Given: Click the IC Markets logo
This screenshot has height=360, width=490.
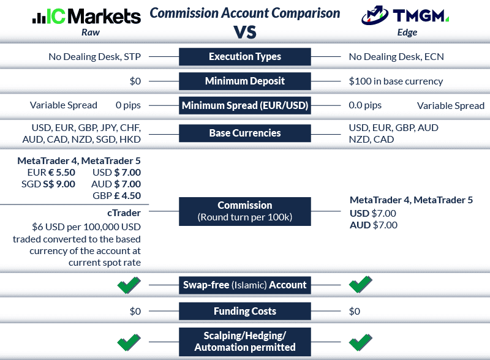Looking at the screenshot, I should click(86, 16).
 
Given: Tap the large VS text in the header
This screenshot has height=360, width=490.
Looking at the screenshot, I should click(244, 31).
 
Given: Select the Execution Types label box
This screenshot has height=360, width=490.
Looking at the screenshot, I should click(244, 57).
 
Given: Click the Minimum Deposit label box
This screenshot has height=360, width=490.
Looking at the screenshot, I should click(244, 81).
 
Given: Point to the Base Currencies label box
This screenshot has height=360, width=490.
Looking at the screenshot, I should click(244, 133).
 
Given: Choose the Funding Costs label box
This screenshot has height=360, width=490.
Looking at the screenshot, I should click(244, 311).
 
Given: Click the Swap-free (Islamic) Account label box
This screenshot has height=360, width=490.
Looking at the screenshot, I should click(244, 284).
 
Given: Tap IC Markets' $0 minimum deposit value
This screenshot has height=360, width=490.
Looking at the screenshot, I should click(135, 81).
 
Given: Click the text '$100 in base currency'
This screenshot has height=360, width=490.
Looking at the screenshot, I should click(396, 81).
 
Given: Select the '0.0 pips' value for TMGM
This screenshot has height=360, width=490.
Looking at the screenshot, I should click(365, 105).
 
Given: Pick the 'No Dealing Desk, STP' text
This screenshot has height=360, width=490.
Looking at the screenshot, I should click(95, 57).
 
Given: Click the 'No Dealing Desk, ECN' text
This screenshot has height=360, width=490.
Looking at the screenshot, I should click(396, 57).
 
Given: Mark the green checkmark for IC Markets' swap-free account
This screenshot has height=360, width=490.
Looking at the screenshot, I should click(129, 284).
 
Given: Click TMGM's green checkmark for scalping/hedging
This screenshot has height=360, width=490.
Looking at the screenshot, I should click(360, 340).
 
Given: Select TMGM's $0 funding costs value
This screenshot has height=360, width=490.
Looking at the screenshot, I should click(355, 311).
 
